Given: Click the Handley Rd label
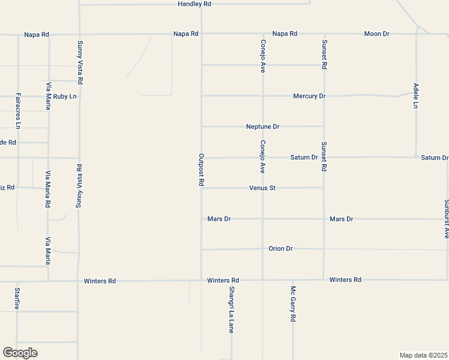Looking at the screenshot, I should [194, 4].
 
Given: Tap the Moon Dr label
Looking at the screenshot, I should [376, 34].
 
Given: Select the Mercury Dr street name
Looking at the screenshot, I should [309, 96].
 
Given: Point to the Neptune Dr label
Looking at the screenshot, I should [263, 127].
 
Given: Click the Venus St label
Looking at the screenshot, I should [262, 188].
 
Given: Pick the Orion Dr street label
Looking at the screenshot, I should [280, 248].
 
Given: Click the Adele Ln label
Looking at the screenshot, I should [415, 96].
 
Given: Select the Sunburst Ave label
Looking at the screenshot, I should [446, 219].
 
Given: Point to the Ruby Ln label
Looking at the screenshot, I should [65, 96].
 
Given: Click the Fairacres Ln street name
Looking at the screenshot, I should [18, 111].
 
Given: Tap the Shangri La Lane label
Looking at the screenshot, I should [231, 310].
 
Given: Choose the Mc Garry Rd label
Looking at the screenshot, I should [293, 304].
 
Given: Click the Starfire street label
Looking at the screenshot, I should [17, 299].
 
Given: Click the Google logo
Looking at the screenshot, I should [20, 353].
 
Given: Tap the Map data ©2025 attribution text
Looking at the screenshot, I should [424, 355].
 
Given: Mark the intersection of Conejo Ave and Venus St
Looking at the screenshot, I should [262, 188].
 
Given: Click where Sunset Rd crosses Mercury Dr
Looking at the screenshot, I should [324, 95].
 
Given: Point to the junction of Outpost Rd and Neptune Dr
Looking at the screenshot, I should [202, 127].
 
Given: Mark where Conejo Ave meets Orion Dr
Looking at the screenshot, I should [262, 248].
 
